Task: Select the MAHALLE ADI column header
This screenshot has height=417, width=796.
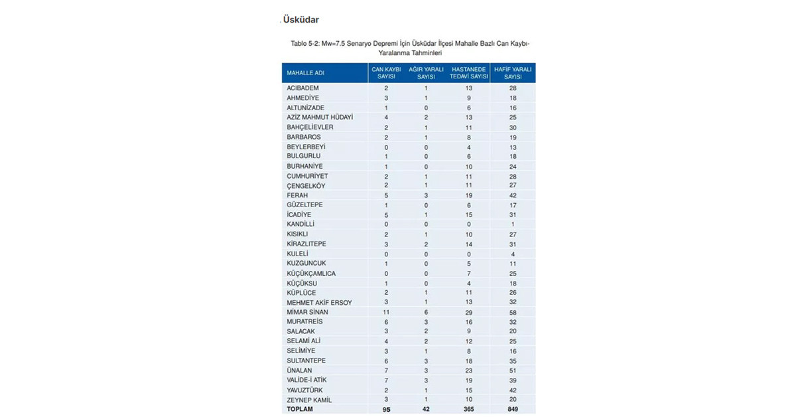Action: click(305, 72)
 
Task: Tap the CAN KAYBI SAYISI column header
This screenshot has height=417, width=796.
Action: click(386, 72)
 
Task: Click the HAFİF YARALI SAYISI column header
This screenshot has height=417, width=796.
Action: click(513, 72)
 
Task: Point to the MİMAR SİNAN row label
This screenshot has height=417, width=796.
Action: click(307, 312)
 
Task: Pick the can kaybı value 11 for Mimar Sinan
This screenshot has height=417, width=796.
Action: click(386, 312)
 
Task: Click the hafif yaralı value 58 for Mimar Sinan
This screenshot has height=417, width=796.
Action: click(513, 312)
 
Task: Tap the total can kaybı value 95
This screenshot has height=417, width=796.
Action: click(386, 409)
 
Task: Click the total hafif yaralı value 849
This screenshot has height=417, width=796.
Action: click(513, 409)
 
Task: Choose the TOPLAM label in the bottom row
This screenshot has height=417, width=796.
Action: click(299, 409)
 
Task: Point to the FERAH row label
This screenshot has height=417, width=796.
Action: click(297, 195)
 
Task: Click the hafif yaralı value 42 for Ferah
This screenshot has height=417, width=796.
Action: click(513, 195)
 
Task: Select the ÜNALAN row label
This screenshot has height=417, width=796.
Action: click(299, 370)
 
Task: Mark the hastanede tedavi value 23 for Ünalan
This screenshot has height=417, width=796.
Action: click(469, 370)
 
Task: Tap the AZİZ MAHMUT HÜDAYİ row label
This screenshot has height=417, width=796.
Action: click(320, 118)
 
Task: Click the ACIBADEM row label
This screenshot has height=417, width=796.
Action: click(302, 88)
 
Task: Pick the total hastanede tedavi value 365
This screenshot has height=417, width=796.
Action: click(469, 409)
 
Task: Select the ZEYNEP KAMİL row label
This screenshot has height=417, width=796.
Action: click(309, 400)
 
